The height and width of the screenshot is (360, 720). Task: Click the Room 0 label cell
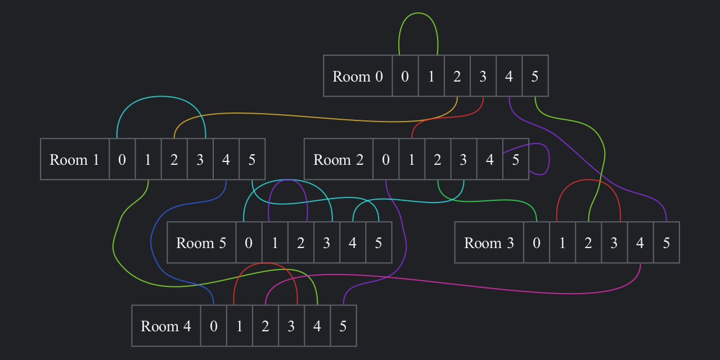[358, 76]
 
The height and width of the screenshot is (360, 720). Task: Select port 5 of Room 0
[535, 76]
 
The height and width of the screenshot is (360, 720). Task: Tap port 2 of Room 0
[457, 76]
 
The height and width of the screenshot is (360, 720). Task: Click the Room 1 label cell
[75, 159]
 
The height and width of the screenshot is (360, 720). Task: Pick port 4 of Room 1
[226, 159]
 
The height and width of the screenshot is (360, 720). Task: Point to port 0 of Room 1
[122, 159]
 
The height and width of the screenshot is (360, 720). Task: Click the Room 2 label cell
[339, 159]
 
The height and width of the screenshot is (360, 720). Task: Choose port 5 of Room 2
[516, 159]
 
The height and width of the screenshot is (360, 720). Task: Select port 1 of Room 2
[412, 159]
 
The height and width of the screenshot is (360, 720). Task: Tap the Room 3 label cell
[489, 242]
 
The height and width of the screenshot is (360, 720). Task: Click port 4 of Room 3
[640, 242]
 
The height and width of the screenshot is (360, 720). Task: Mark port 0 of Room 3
[537, 242]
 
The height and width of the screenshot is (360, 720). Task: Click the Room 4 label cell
[166, 326]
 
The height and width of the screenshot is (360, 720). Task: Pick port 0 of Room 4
[214, 326]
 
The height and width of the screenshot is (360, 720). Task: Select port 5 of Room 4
[343, 326]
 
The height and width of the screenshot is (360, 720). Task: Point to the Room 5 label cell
[201, 242]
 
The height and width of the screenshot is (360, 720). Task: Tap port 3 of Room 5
[327, 242]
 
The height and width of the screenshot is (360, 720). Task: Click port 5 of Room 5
[379, 242]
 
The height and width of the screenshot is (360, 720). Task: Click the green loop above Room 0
[418, 13]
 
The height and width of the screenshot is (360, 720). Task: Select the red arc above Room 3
[588, 180]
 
